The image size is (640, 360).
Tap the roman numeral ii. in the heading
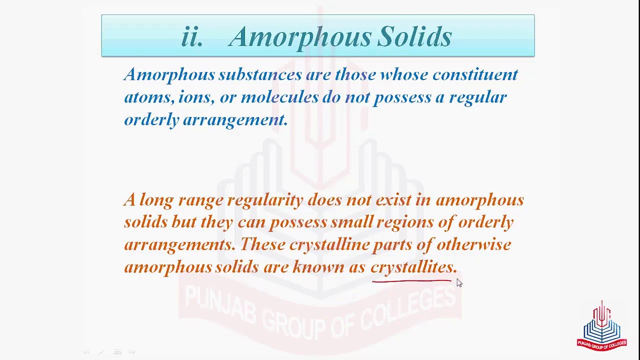pos(192,36)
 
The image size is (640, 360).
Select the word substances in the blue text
pos(259,74)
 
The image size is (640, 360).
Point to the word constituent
pos(475,74)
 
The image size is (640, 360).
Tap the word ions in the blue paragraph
pos(195,97)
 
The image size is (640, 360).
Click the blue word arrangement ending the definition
pos(235,119)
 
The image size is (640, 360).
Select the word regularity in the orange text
pos(265,200)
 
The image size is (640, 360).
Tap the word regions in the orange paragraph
pos(404,222)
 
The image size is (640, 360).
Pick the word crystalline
pos(329,244)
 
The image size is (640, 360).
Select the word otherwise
pos(473,244)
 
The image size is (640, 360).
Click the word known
pos(318,267)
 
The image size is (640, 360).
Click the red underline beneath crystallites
pos(411,281)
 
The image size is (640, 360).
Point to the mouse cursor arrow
pos(459,283)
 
